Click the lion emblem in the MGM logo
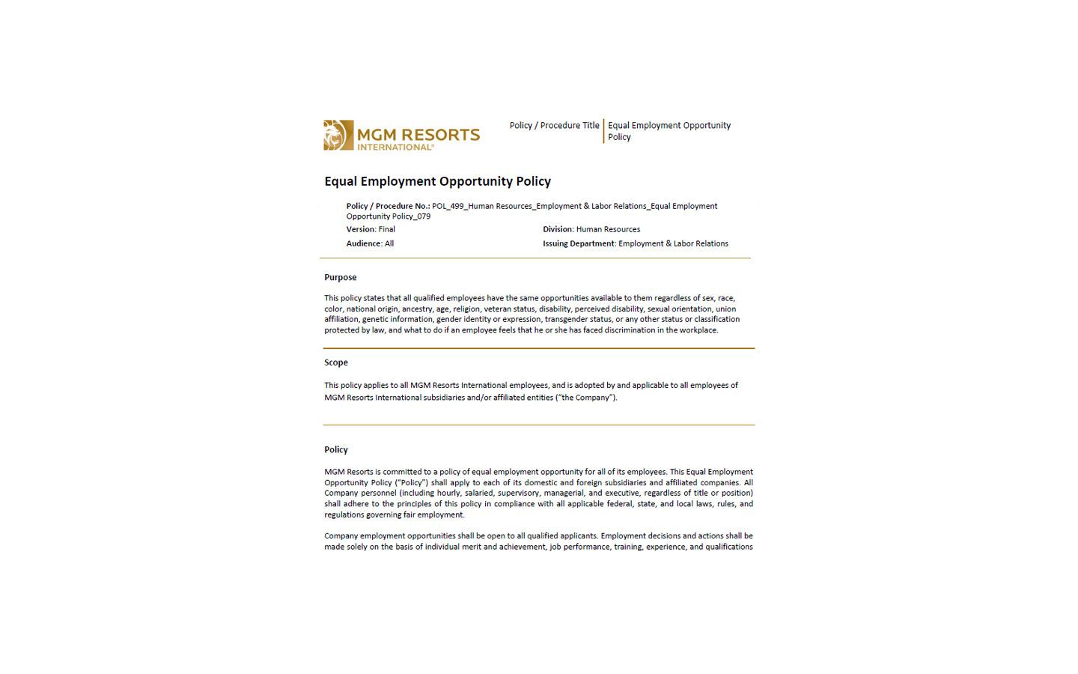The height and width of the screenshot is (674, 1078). pos(338,135)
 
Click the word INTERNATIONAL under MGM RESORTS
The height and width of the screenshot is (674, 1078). pos(395,148)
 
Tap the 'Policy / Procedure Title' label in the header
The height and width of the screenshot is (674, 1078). pos(554,126)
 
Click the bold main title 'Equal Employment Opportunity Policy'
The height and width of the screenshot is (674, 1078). pos(437,181)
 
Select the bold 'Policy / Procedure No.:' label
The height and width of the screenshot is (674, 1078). pos(388,206)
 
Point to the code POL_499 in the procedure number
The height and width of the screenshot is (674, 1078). pos(448,206)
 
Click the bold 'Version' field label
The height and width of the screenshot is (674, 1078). pos(360,229)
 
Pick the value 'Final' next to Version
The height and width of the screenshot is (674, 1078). pos(387,229)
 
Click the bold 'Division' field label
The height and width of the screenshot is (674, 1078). pos(558,229)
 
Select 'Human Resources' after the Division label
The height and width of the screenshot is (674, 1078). pos(608,229)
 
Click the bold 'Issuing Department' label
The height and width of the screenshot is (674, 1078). pos(579,243)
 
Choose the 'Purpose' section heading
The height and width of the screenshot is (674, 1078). pos(341,277)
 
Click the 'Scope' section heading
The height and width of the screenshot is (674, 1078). pos(336,362)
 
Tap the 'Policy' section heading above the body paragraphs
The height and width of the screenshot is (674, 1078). pos(336,450)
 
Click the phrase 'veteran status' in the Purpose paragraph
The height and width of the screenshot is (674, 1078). pos(509,309)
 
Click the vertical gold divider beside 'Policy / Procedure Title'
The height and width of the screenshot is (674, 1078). pos(603,131)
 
